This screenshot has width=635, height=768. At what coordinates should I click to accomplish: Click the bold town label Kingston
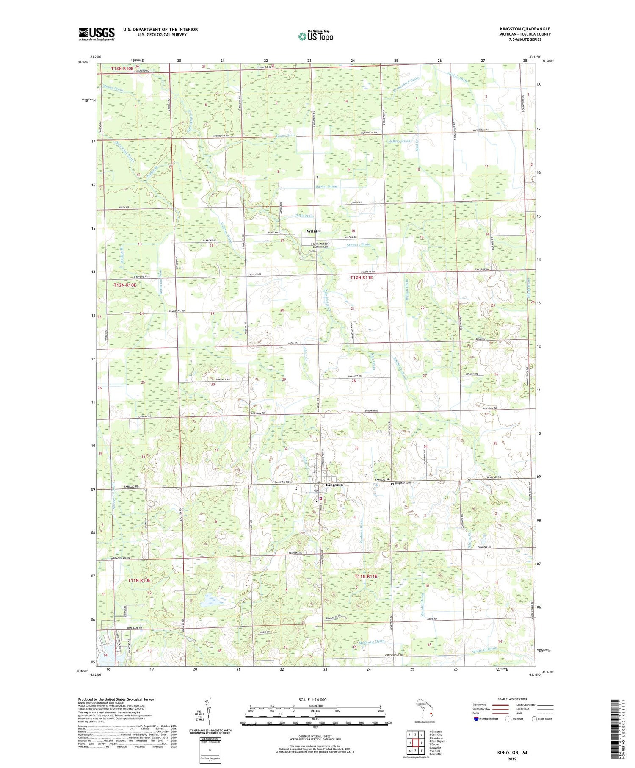334,485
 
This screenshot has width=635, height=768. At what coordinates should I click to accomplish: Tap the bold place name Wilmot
314,231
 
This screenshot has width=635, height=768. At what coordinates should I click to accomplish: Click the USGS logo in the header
97,34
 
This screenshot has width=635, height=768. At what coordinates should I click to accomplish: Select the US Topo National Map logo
315,36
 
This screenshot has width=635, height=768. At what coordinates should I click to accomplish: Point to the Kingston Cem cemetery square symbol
392,484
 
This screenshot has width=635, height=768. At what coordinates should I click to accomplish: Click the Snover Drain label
326,186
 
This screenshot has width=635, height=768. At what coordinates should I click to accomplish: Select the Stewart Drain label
358,244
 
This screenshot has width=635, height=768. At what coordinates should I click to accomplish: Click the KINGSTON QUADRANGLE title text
525,29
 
